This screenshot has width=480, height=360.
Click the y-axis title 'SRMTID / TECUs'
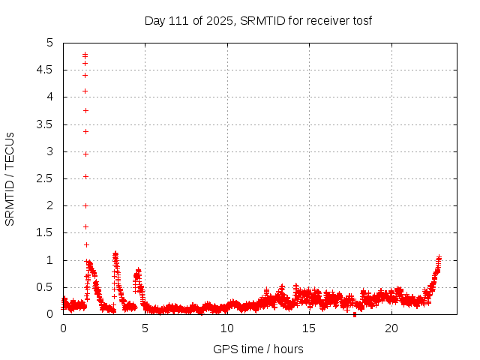pos(10,178)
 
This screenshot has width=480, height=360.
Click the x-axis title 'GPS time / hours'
pos(258,349)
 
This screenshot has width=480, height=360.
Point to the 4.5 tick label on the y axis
pos(46,70)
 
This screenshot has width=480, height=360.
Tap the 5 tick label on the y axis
pos(50,43)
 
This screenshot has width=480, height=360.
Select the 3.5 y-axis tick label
pos(46,124)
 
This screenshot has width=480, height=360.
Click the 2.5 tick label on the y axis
pos(46,178)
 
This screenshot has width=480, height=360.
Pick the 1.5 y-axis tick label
pos(46,232)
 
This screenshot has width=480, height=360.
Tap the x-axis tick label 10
pos(227,328)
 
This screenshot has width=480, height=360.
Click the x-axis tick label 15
pos(309,328)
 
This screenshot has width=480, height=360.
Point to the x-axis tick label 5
pos(145,328)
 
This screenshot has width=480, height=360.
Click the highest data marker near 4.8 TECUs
pos(85,54)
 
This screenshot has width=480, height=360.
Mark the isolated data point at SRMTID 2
pos(85,205)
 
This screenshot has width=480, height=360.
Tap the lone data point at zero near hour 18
pos(355,314)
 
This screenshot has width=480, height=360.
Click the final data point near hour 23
pos(439,257)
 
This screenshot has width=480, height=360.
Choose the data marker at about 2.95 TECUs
pos(85,154)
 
